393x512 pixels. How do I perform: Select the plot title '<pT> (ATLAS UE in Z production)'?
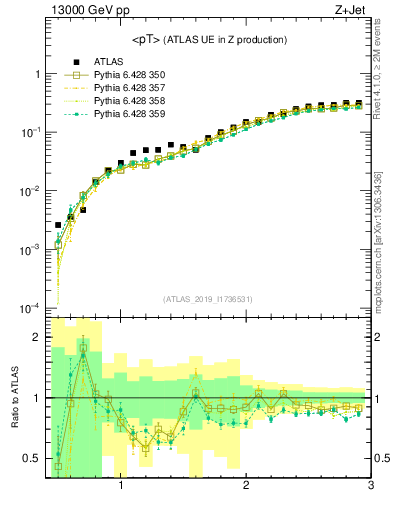coord(209,40)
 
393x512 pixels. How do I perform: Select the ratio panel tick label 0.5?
coord(32,458)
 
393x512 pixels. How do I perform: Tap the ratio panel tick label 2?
coord(36,337)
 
